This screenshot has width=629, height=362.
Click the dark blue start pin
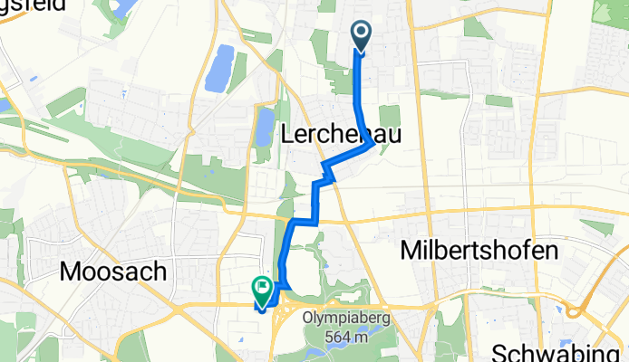point(361,36)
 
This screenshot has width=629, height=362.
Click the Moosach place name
point(113,270)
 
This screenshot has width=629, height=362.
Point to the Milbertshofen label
point(478,250)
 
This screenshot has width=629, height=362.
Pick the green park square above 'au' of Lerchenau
point(390,116)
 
